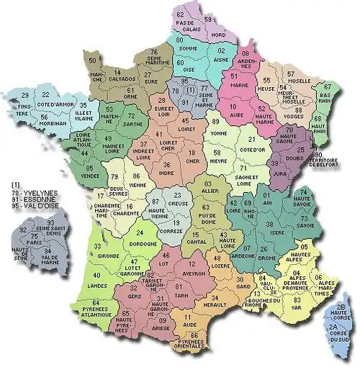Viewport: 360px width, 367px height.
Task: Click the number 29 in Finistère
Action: click(25, 95)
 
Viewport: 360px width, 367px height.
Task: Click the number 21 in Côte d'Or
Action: click(252, 139)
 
